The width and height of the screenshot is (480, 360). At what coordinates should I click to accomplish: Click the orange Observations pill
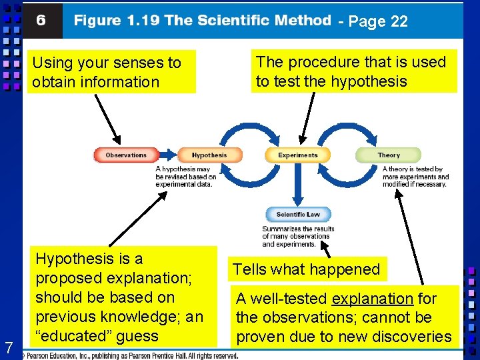coord(126,155)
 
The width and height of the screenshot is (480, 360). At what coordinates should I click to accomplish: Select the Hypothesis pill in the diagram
coord(209,155)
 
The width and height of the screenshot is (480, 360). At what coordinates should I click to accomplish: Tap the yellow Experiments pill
coord(298,155)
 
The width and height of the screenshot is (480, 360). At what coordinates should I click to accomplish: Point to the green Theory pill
coord(389,155)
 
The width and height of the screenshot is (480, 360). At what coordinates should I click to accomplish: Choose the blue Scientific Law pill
coord(298,215)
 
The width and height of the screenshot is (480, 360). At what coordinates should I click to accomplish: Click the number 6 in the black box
coord(41,21)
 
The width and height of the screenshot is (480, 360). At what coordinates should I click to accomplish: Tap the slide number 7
coord(9,347)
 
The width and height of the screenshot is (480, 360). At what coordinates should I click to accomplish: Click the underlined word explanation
coord(373,299)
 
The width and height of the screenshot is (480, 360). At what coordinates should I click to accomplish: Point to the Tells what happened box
coord(306,269)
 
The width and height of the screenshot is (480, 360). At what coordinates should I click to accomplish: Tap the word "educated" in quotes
coord(75,336)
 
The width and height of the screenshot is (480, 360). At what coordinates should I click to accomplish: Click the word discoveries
coord(411,337)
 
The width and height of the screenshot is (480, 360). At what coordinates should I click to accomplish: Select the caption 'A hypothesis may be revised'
coord(186,177)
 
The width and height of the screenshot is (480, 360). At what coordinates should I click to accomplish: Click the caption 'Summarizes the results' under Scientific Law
coord(298,236)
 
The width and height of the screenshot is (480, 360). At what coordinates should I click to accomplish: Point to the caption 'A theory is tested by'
coord(415,177)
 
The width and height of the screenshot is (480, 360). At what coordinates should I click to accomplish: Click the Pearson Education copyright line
coord(130,356)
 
